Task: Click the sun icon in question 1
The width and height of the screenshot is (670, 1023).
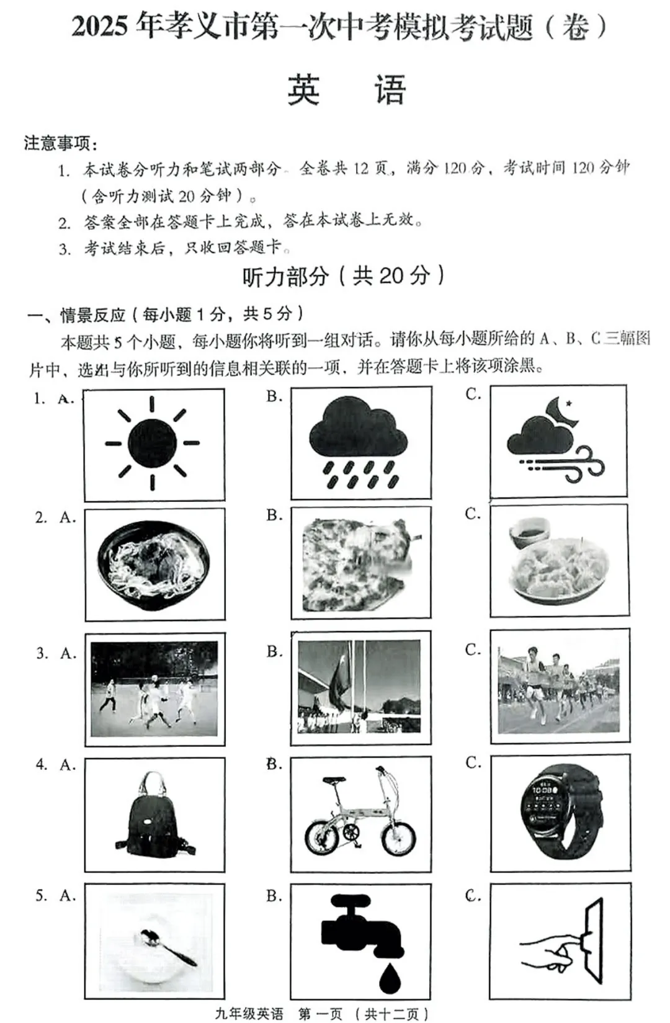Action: point(153,444)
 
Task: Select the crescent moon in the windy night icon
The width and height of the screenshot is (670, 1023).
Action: point(562,411)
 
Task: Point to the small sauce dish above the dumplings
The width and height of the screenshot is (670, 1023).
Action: point(529,532)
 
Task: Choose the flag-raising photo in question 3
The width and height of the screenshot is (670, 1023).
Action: point(359,687)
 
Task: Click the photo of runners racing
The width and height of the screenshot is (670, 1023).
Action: point(559,686)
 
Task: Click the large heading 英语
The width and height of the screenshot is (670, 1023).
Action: point(346,91)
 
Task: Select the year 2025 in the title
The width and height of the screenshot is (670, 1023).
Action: point(99,27)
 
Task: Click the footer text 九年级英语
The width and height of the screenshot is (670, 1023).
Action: point(249,1014)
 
